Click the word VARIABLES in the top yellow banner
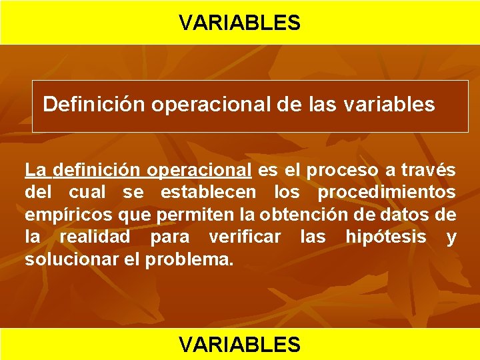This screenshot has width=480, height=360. tap(239, 23)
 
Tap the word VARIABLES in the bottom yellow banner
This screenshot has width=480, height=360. tap(239, 344)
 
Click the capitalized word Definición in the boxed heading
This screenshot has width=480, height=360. tap(94, 105)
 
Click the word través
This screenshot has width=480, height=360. tap(428, 171)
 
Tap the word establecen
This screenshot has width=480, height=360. tap(207, 193)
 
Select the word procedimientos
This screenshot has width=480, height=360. tap(387, 193)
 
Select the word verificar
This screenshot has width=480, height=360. tap(244, 237)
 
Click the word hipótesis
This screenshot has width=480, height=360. tap(385, 237)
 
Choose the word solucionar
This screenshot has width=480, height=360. tap(72, 259)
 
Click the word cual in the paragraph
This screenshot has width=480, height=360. tap(87, 193)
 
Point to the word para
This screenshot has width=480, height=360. tap(169, 237)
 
